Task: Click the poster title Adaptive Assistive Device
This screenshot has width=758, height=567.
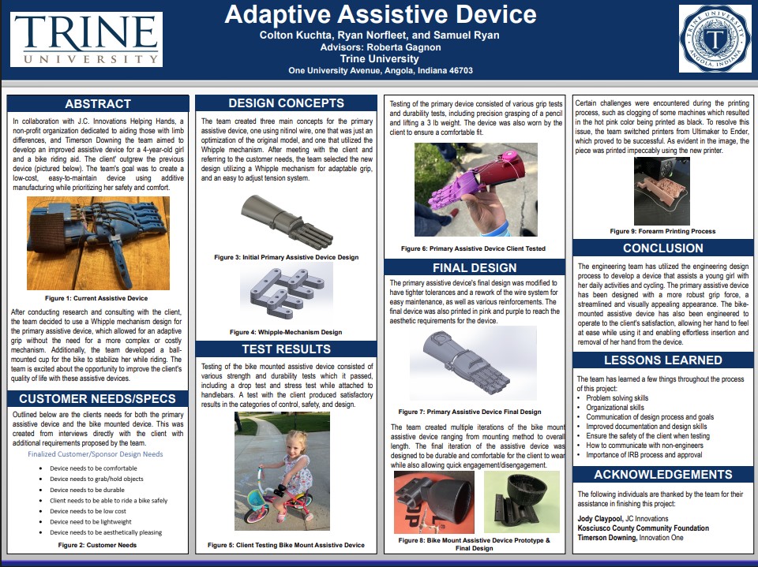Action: [380, 13]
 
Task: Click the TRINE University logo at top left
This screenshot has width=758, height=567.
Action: [86, 39]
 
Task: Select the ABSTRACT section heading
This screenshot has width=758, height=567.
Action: [98, 103]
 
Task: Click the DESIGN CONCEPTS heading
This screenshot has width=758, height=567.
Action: [286, 103]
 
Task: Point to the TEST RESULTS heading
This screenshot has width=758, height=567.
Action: [286, 349]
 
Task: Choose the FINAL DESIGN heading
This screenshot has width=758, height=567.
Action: [474, 267]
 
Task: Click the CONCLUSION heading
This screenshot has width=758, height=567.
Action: [663, 248]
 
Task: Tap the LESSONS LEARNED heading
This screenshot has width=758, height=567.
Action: [663, 360]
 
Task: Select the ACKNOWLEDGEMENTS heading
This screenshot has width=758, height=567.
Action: [663, 474]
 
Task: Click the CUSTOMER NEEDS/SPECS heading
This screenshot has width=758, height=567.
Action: [98, 398]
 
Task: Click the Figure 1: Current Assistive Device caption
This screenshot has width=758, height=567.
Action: [98, 298]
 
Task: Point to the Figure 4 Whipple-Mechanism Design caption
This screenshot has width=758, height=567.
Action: [286, 332]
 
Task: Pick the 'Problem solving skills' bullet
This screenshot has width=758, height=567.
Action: [618, 398]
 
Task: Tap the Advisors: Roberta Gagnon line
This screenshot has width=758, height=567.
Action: [380, 47]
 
